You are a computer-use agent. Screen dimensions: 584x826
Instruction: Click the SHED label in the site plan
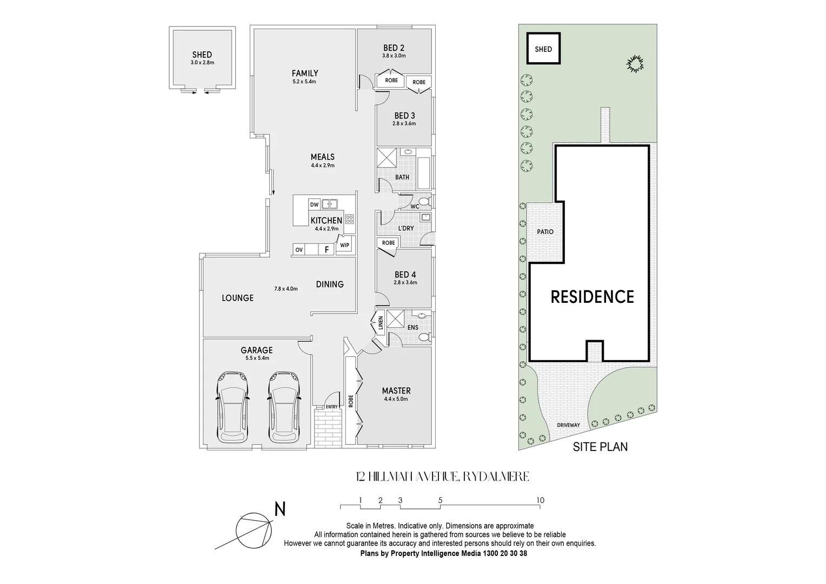543,49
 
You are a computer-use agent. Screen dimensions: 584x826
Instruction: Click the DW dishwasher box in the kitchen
314,204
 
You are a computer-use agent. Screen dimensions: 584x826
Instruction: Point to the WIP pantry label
344,245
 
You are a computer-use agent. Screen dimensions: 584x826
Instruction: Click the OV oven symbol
299,250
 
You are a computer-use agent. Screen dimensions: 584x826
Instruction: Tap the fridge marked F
326,250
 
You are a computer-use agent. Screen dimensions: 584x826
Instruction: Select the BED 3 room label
404,116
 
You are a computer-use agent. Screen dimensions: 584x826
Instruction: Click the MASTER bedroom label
396,390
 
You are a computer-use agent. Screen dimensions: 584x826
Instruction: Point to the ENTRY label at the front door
331,407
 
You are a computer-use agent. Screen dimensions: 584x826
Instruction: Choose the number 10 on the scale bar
540,500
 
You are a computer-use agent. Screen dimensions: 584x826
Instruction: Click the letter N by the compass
280,509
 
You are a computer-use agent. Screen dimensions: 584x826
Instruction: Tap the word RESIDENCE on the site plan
592,297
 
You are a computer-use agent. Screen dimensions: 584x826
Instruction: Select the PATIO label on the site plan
545,232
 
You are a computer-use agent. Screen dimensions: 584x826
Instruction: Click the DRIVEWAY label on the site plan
568,425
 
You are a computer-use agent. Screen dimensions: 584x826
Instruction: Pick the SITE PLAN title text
600,447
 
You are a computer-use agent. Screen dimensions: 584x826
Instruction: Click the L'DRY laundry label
405,228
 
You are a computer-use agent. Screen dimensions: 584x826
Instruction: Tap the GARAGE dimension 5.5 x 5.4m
257,358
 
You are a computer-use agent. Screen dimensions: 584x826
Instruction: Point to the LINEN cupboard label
381,323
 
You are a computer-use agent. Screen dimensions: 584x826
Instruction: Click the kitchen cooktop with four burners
350,219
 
